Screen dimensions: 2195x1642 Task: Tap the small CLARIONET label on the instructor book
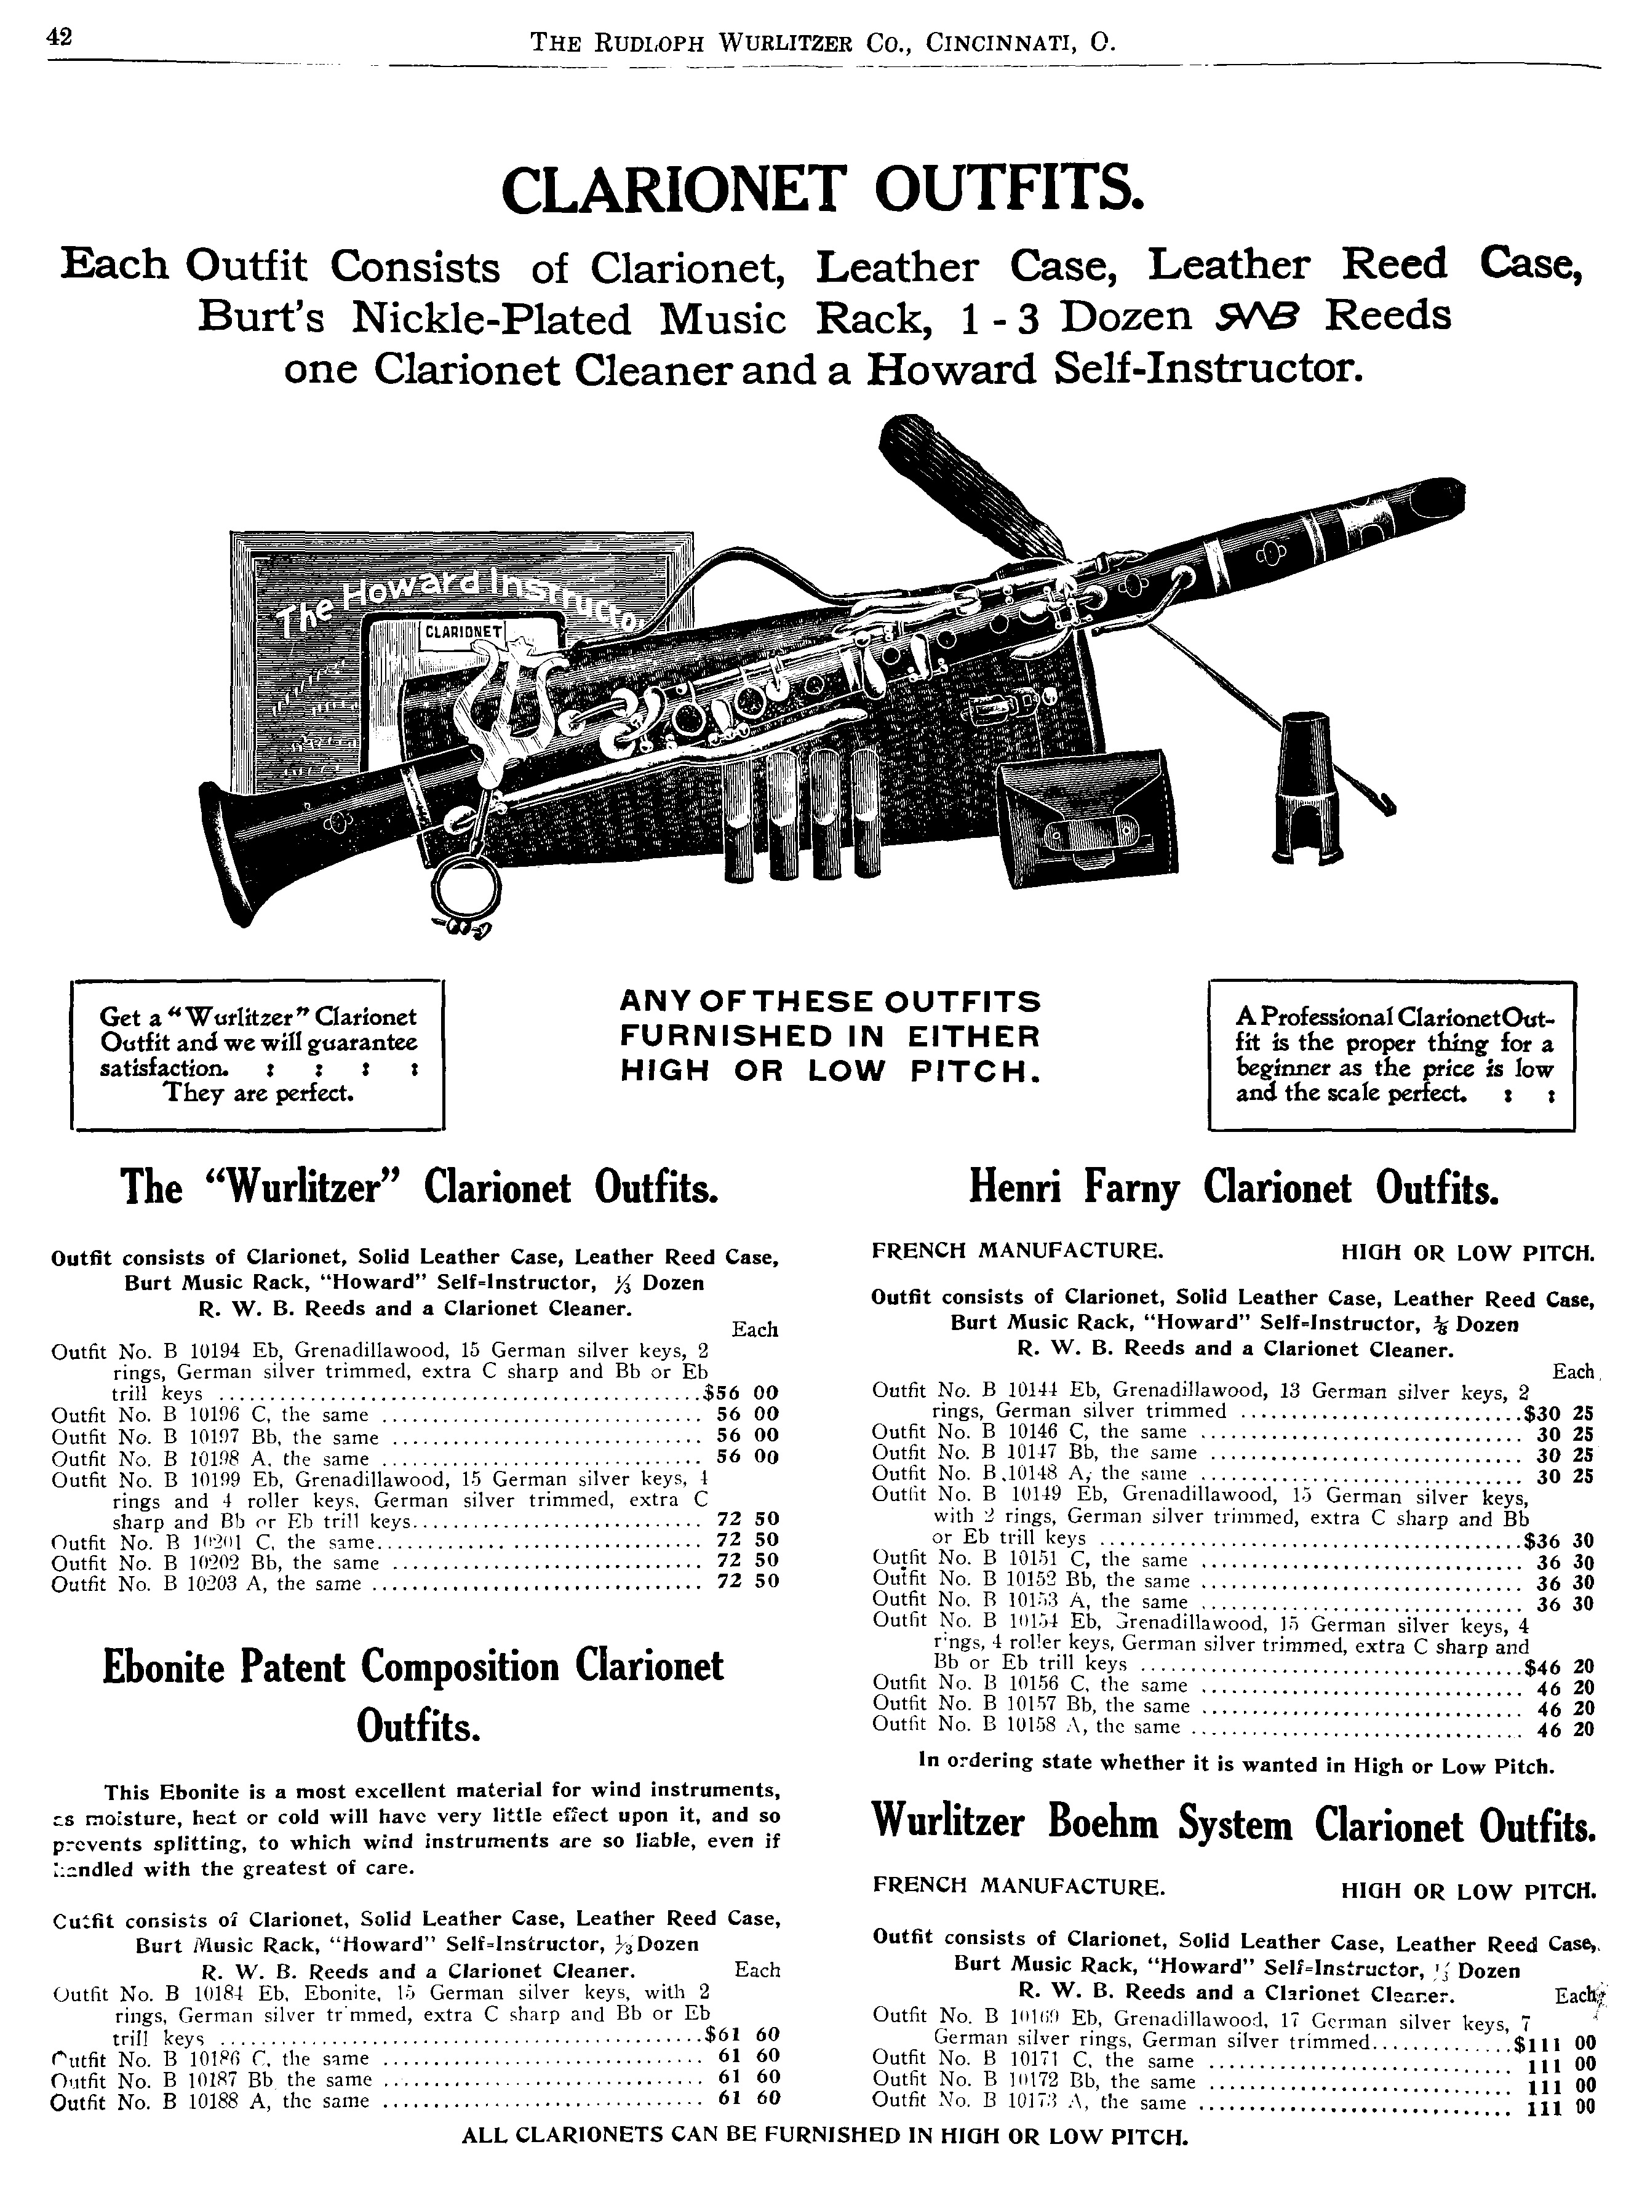463,632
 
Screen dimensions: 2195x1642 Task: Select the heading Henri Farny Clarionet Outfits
1232,1189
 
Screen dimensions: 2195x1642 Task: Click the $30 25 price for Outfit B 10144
1556,1412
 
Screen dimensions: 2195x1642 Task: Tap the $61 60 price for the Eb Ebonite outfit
741,2034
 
